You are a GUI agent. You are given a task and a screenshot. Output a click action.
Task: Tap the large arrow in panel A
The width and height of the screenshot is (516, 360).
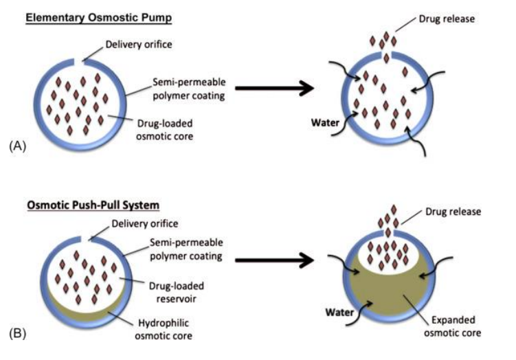coord(272,88)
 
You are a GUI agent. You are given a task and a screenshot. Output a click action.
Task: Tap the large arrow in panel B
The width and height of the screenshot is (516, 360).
coord(272,260)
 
